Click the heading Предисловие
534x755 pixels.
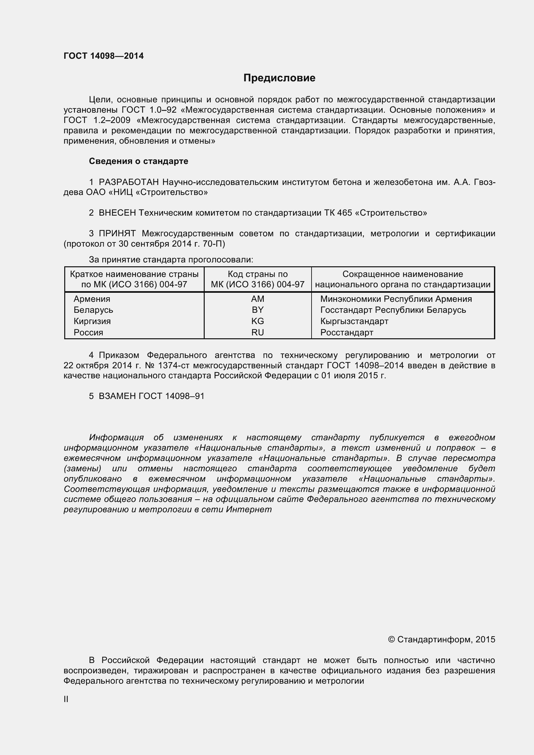(279, 78)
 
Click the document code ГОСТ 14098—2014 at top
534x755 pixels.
(104, 56)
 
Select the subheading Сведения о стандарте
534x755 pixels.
(139, 161)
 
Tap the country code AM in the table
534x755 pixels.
(257, 299)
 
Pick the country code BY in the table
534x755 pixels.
(257, 310)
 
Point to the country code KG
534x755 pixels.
(257, 321)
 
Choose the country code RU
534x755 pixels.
(257, 332)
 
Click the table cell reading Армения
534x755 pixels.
(92, 299)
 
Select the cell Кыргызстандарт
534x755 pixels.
(354, 321)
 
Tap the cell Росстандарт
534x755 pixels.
(346, 332)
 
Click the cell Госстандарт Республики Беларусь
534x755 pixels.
(393, 310)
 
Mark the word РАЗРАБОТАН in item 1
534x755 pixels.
(128, 182)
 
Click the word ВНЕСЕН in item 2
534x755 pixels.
(117, 213)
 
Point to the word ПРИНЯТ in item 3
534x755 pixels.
(117, 234)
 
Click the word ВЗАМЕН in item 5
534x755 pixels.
(117, 396)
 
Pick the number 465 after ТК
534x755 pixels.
(344, 213)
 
